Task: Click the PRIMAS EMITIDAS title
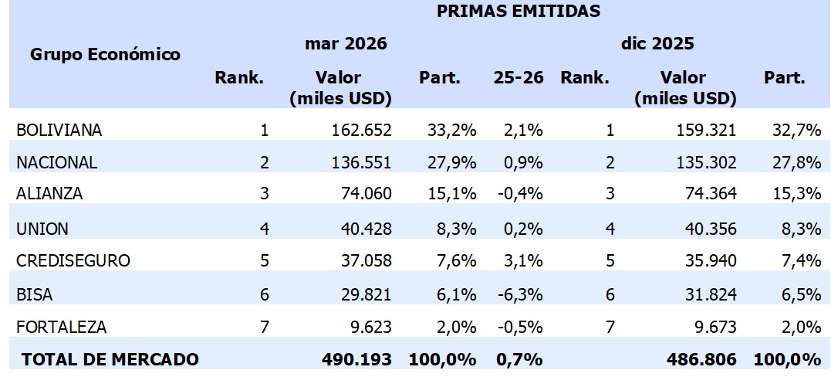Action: (519, 11)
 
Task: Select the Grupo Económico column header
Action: (105, 54)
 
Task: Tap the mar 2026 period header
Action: (345, 44)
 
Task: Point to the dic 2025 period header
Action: (657, 44)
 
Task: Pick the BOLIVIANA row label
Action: (59, 130)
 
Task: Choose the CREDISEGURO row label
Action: (73, 261)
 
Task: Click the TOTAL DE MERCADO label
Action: (110, 359)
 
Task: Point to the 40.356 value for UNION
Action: (704, 229)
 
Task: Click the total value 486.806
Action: (701, 359)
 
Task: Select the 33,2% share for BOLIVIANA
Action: (451, 130)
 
